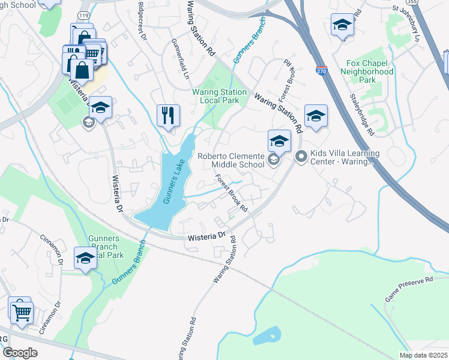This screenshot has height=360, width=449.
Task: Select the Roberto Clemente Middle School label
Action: [x=231, y=160]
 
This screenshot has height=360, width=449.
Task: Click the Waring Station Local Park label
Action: [x=219, y=96]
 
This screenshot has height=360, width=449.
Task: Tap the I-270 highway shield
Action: [x=322, y=71]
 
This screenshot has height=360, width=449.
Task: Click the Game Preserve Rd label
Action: [x=408, y=289]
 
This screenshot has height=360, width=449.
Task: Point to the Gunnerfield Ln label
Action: [x=180, y=60]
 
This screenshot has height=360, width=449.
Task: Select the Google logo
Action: [x=20, y=353]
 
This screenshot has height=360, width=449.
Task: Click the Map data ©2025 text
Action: [x=423, y=355]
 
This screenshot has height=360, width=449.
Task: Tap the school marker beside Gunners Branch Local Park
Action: [x=85, y=259]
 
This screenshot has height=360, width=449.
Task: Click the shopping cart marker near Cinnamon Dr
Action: [x=22, y=310]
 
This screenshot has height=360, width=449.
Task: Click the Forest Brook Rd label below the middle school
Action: [x=232, y=193]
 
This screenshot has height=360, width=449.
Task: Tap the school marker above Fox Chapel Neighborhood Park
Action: [x=342, y=25]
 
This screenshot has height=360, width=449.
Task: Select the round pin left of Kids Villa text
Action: [x=301, y=157]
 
